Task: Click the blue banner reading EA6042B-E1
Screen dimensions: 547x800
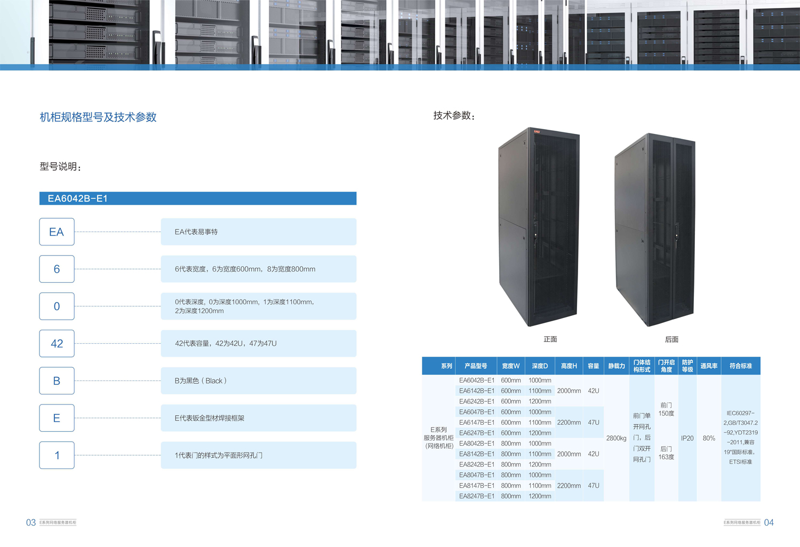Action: coord(197,199)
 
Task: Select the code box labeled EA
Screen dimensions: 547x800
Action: coord(57,232)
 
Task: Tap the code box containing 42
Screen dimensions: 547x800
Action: coord(57,344)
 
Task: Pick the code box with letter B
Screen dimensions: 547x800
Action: coord(57,381)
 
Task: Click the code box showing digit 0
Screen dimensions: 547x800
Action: coord(57,306)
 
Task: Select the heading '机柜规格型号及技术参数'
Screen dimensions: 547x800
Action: coord(98,117)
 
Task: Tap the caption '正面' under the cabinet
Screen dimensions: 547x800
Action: coord(550,339)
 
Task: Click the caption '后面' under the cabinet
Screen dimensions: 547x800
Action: coord(671,339)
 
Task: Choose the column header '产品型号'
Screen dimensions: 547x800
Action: coord(476,366)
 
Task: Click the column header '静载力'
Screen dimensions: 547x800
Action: coord(617,366)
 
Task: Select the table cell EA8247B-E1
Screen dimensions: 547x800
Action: coord(477,496)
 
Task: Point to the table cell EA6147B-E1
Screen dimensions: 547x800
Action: coord(477,423)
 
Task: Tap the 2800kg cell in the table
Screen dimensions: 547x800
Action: coord(617,438)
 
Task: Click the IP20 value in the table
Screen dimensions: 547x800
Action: coord(687,438)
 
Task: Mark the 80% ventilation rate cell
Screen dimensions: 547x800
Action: coord(709,438)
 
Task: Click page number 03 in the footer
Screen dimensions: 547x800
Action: coord(31,523)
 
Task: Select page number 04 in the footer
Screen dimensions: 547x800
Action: coord(769,523)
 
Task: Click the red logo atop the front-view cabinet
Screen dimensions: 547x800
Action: coord(537,131)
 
